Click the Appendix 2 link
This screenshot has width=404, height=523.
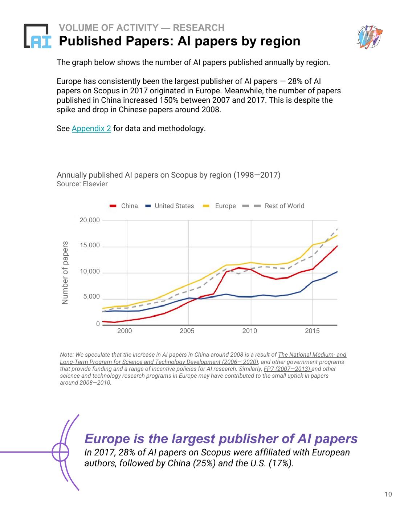[91, 129]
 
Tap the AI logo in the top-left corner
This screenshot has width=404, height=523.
[37, 36]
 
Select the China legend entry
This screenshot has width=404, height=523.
[124, 206]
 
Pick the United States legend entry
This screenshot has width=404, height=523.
[170, 206]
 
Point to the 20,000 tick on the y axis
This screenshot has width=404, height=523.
[89, 220]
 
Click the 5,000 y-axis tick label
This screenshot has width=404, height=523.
[91, 297]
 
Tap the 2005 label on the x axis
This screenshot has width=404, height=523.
[187, 331]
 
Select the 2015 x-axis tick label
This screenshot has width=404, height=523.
[312, 331]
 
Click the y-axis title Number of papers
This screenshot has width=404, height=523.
[65, 273]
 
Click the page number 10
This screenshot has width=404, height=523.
[388, 494]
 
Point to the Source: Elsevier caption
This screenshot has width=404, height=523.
[82, 184]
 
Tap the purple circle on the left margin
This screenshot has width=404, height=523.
[60, 452]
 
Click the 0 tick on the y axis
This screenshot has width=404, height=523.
[98, 324]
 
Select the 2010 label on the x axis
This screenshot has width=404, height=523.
[249, 331]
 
